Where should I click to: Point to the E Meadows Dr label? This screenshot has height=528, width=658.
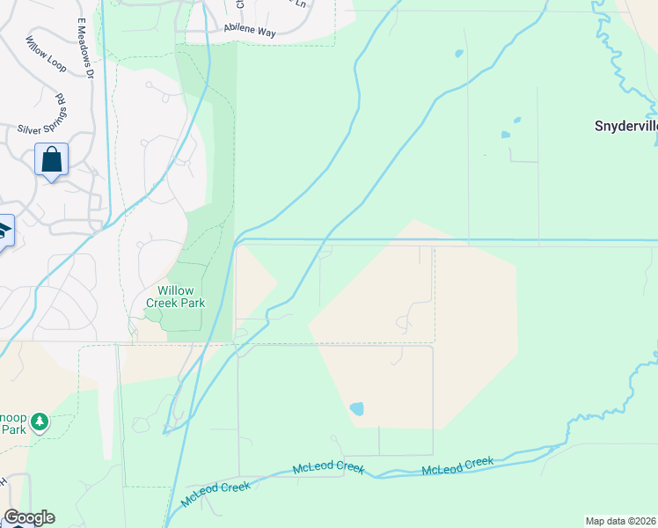tap(85, 48)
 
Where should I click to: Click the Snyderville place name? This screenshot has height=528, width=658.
tap(626, 126)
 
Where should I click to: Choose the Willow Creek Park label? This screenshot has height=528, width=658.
tap(181, 297)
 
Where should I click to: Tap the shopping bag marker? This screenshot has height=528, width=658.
tap(52, 161)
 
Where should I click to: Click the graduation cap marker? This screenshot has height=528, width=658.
tap(4, 231)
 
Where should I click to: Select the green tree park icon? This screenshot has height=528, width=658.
tap(39, 424)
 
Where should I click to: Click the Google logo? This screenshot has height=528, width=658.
tap(29, 517)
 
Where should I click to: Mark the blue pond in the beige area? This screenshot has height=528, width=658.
tap(356, 409)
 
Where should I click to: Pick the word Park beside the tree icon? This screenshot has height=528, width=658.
tap(13, 429)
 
